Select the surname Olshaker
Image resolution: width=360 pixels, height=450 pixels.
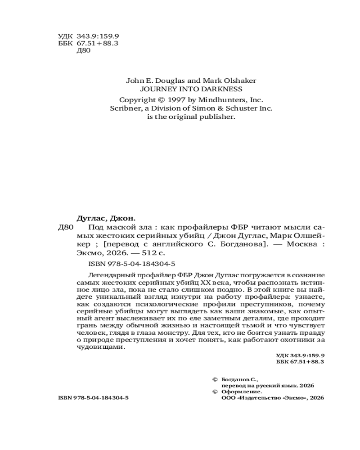click(x=238, y=81)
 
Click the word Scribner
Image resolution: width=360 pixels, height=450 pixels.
click(x=126, y=108)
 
